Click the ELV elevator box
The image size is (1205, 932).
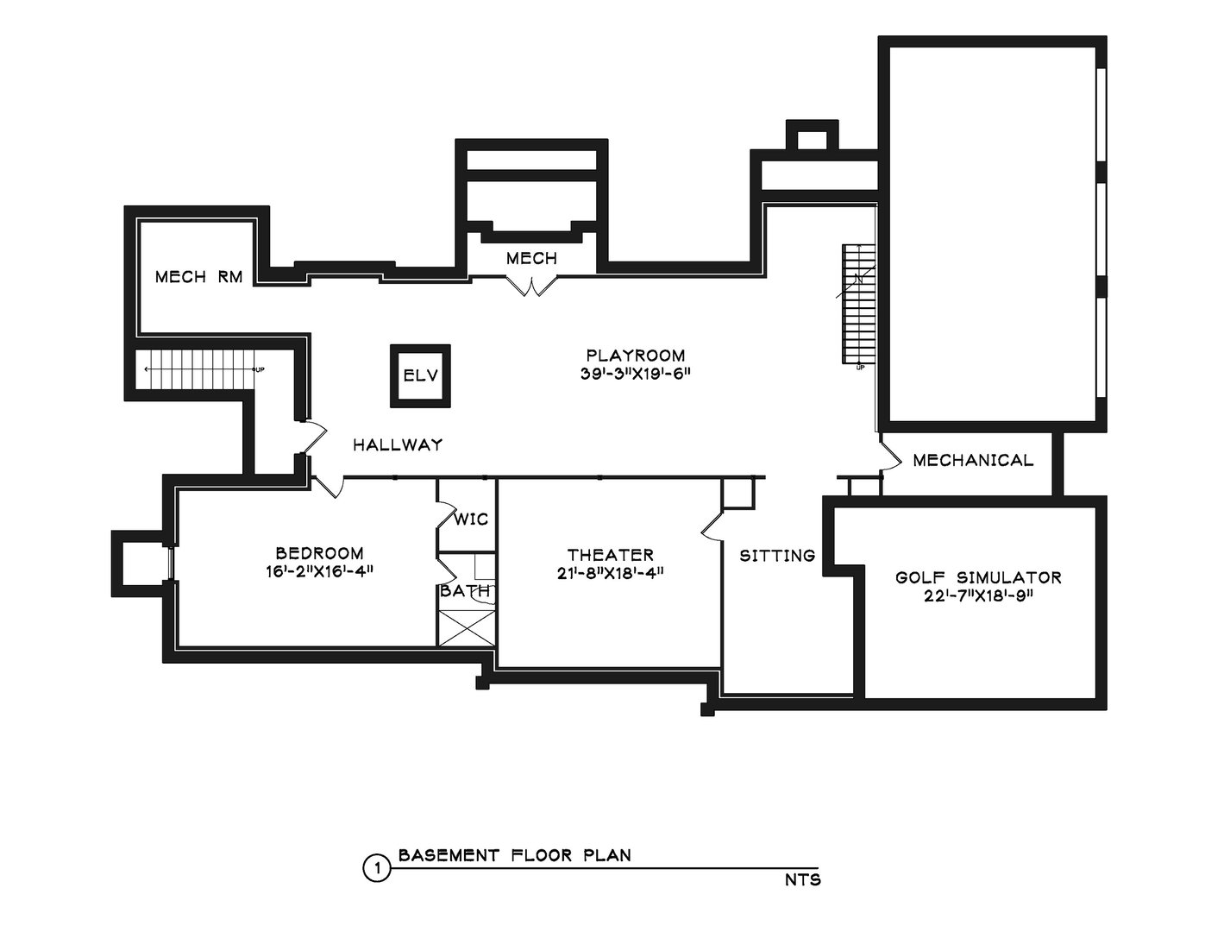(x=420, y=375)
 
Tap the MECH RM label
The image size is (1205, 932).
(x=198, y=277)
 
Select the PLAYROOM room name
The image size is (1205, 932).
(x=636, y=356)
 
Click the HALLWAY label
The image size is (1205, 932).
(x=398, y=445)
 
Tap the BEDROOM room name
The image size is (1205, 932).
(x=319, y=553)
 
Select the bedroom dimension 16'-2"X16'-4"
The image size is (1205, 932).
(x=319, y=571)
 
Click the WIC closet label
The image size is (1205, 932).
(x=471, y=520)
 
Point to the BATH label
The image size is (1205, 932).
(x=465, y=592)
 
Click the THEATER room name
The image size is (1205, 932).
(x=610, y=555)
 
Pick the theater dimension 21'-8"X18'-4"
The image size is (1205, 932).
(x=610, y=573)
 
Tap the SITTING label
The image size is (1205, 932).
(x=777, y=556)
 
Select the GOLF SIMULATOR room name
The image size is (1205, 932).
(x=977, y=577)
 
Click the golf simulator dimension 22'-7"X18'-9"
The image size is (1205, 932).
(x=977, y=595)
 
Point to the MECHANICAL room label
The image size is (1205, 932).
(x=972, y=460)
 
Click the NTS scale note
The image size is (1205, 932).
(x=802, y=881)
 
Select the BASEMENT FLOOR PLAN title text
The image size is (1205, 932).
(x=514, y=856)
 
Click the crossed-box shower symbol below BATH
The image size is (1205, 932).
(x=467, y=627)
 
